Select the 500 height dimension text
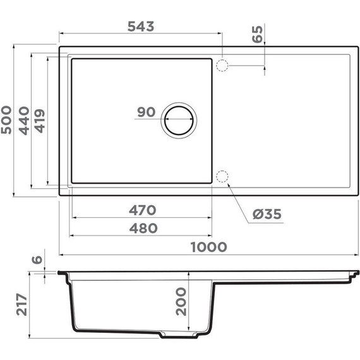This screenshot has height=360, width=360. point(8,120)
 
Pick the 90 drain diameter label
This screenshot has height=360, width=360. point(147,112)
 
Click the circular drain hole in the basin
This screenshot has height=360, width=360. point(180,120)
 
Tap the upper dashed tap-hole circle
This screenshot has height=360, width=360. point(222,64)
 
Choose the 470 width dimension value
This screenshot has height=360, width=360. point(141,210)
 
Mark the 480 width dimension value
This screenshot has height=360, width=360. point(141,228)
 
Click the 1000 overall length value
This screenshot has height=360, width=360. point(208,247)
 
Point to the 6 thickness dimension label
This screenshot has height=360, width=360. point(39,260)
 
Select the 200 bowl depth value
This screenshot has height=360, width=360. point(181,302)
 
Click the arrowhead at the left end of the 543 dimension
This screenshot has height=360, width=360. point(62,35)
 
